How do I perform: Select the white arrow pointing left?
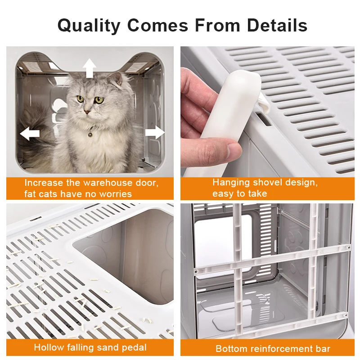pos(30,133)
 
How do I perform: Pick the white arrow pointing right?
pos(154,132)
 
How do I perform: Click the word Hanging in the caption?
pos(232,183)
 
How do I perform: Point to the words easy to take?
pos(240,194)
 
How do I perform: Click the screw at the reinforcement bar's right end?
pos(348,246)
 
